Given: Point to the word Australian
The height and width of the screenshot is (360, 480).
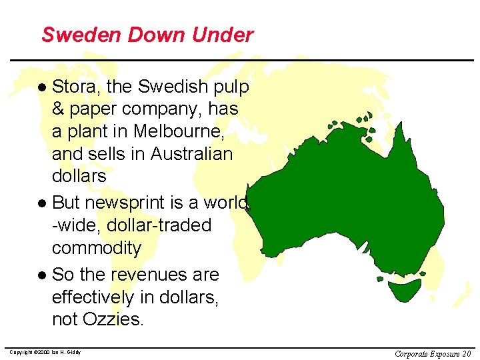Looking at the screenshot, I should coord(192,154).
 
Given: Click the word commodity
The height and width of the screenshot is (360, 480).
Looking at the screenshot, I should coord(97,248).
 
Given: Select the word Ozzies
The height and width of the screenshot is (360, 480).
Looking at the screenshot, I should coord(113,319).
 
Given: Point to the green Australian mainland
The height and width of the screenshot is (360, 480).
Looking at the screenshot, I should coord(353,200).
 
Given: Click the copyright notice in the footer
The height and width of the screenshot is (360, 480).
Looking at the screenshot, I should coord(45,352).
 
